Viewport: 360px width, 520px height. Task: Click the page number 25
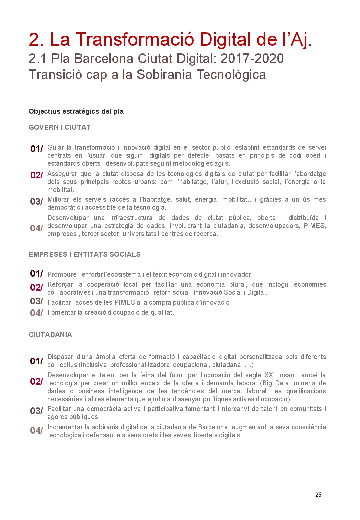pyautogui.click(x=318, y=495)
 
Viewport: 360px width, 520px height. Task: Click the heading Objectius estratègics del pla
pyautogui.click(x=76, y=111)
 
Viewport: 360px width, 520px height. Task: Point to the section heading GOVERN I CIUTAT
pyautogui.click(x=60, y=127)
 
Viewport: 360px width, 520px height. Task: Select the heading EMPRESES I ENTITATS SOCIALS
pyautogui.click(x=85, y=254)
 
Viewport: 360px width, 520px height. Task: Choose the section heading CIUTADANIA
pyautogui.click(x=50, y=335)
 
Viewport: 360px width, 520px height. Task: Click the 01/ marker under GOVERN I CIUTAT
pyautogui.click(x=36, y=149)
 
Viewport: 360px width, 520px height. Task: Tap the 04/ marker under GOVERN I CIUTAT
pyautogui.click(x=36, y=228)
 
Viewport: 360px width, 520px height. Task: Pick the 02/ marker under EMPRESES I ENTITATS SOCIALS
pyautogui.click(x=36, y=287)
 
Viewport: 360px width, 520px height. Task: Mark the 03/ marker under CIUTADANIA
pyautogui.click(x=36, y=411)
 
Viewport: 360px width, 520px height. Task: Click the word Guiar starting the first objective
pyautogui.click(x=55, y=147)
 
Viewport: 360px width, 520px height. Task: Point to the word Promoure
pyautogui.click(x=62, y=274)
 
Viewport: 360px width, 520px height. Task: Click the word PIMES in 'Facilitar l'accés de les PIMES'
pyautogui.click(x=124, y=302)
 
